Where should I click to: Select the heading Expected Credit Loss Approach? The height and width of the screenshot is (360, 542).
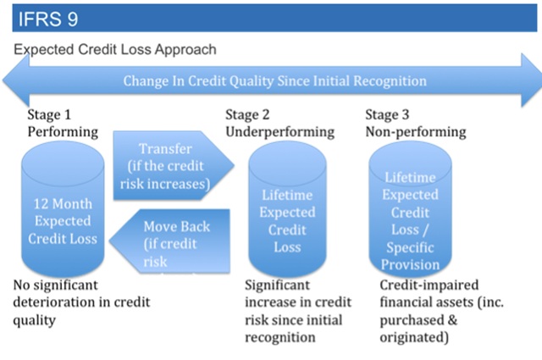click(114, 50)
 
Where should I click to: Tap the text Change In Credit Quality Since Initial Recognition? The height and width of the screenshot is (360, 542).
click(274, 81)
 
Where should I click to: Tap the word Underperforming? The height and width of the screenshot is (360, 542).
click(279, 132)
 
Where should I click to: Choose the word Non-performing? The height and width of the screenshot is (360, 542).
click(415, 132)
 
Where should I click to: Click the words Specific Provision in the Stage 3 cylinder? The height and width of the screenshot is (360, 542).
click(411, 257)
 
